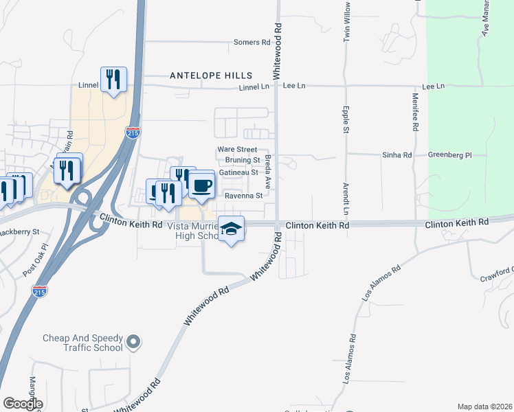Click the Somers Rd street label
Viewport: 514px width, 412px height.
tap(252, 43)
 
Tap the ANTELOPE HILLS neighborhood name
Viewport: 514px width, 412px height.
tap(211, 76)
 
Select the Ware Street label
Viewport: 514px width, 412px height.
tap(237, 149)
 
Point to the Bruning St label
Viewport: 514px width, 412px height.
tap(241, 160)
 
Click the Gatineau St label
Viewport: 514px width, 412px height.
tap(238, 172)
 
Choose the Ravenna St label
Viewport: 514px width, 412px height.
tap(245, 196)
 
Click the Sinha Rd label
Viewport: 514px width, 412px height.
tap(397, 156)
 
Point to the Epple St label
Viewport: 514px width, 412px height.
tap(346, 119)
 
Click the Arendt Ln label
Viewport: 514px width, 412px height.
tap(346, 197)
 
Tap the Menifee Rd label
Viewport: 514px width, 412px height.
tap(416, 113)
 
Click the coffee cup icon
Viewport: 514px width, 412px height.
tap(201, 185)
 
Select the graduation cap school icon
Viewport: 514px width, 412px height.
tap(232, 229)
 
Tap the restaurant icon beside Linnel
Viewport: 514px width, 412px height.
tap(113, 80)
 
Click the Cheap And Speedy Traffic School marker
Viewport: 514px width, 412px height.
tap(133, 341)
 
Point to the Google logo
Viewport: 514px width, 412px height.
tap(23, 404)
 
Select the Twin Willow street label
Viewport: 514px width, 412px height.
tap(347, 22)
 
